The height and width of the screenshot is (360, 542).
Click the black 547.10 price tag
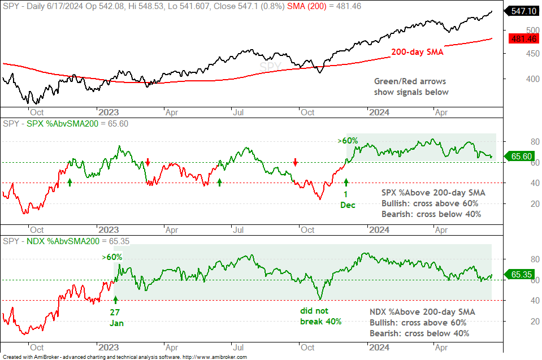(522, 11)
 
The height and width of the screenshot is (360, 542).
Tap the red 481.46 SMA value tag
(524, 38)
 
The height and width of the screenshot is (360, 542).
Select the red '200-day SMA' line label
(417, 52)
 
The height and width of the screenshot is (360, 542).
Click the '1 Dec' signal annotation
(348, 199)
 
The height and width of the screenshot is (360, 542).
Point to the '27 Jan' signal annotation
(116, 318)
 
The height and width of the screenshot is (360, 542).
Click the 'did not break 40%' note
(320, 316)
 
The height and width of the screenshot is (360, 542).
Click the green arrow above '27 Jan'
(115, 300)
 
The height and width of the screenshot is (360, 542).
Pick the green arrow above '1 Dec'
(346, 183)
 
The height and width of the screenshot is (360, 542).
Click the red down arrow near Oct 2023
(295, 162)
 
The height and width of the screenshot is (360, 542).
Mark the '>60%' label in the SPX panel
(348, 141)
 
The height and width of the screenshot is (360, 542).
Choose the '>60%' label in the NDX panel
(112, 257)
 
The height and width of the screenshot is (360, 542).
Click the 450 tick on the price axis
(532, 54)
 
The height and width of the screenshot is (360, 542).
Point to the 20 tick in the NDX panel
(535, 322)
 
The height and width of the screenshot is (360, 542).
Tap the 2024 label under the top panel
(379, 112)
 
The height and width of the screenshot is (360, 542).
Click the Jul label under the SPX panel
(238, 230)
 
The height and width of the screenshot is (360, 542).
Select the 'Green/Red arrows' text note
(410, 81)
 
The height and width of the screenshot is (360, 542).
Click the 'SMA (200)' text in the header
(306, 6)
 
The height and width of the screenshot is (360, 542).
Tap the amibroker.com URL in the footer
(215, 357)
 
